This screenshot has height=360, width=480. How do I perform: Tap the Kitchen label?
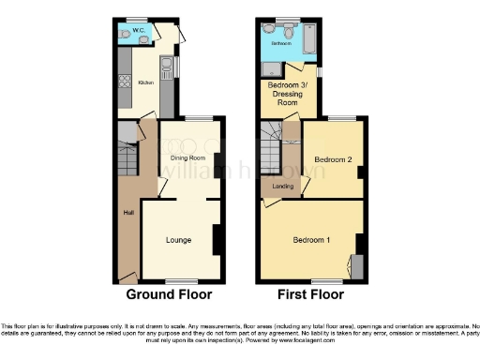tap(146, 82)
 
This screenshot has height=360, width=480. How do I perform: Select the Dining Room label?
tap(188, 157)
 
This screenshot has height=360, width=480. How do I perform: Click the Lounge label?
tap(178, 240)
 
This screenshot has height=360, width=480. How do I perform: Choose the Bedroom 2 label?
tap(333, 159)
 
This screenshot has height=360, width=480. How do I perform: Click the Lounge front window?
tap(181, 280)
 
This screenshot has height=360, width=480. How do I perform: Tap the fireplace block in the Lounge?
tap(217, 240)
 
